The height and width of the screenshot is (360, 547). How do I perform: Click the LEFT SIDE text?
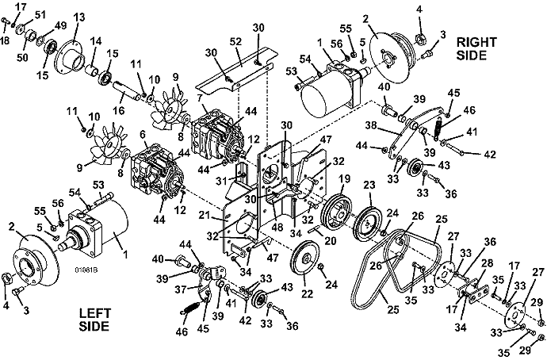(94, 320)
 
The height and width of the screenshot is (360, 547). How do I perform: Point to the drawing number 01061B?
(86, 270)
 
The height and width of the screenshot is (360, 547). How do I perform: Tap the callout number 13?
(79, 17)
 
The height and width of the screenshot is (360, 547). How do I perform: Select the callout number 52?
(235, 41)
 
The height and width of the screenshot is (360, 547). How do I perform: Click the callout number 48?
(277, 228)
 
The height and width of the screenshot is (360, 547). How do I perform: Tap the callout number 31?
(221, 181)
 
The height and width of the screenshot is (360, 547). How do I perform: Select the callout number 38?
(371, 124)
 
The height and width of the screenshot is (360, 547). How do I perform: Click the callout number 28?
(488, 262)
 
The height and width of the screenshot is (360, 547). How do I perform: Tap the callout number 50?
(22, 57)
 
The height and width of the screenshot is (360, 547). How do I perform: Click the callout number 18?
(5, 40)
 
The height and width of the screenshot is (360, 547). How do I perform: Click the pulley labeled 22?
(304, 259)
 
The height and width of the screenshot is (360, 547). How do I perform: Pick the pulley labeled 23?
(367, 224)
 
